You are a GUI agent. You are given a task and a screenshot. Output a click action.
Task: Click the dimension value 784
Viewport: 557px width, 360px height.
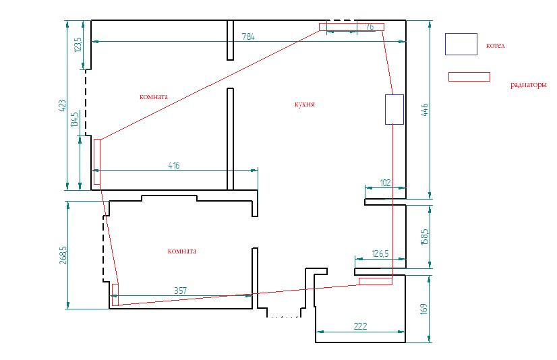[x=248, y=36]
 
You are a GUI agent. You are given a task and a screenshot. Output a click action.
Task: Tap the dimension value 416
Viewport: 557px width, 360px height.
[x=174, y=165]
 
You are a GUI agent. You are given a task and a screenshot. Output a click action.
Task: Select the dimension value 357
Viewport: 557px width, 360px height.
[x=180, y=291]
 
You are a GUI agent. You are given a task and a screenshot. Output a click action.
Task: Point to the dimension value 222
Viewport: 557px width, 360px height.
[x=360, y=326]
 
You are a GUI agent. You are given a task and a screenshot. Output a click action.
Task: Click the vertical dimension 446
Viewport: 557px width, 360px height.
[x=425, y=109]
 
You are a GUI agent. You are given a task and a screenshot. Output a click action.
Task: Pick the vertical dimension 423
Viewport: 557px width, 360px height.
[x=62, y=105]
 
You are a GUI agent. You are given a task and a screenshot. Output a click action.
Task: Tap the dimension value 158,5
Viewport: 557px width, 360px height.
[x=425, y=237]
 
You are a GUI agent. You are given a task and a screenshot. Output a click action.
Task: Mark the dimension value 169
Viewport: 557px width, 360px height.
[x=423, y=309]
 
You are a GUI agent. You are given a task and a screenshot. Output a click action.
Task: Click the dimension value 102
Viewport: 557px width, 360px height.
[x=386, y=183]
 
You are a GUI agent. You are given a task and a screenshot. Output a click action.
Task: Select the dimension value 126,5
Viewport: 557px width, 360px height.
[x=380, y=253]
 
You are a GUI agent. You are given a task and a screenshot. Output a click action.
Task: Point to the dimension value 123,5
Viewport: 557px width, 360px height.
[x=78, y=44]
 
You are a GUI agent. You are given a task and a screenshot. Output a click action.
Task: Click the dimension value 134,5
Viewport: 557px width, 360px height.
[x=75, y=119]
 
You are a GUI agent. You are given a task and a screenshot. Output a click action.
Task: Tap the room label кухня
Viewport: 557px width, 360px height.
[x=304, y=104]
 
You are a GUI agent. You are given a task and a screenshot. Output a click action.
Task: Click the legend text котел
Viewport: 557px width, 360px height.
[x=495, y=45]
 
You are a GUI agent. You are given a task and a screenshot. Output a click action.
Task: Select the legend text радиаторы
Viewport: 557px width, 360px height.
[x=528, y=85]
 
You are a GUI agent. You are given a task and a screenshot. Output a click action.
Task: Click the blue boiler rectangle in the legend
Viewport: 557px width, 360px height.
[x=461, y=44]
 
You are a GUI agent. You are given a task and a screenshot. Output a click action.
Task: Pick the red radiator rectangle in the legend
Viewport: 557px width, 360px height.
[x=469, y=77]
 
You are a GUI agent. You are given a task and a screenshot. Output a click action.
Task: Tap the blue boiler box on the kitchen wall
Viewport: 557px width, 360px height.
[x=394, y=109]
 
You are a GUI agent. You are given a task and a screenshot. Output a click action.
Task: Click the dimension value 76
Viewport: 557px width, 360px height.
[x=370, y=26]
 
